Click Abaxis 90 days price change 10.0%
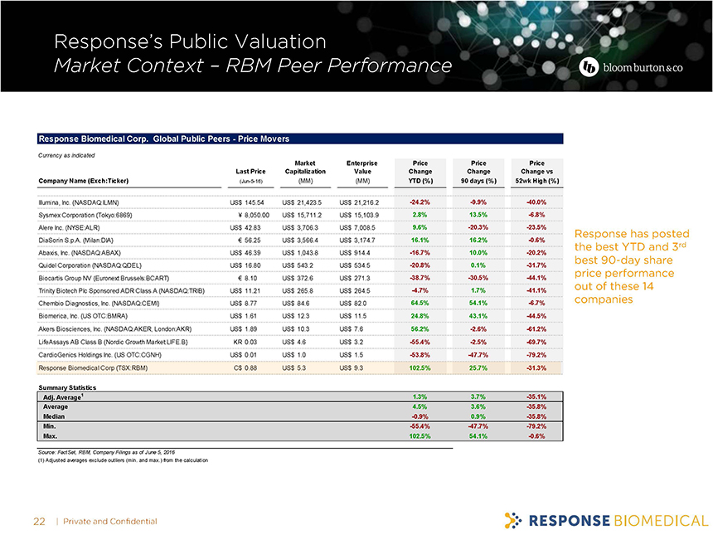tap(477, 252)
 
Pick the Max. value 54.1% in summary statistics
tap(477, 435)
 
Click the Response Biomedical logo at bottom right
tap(604, 520)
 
